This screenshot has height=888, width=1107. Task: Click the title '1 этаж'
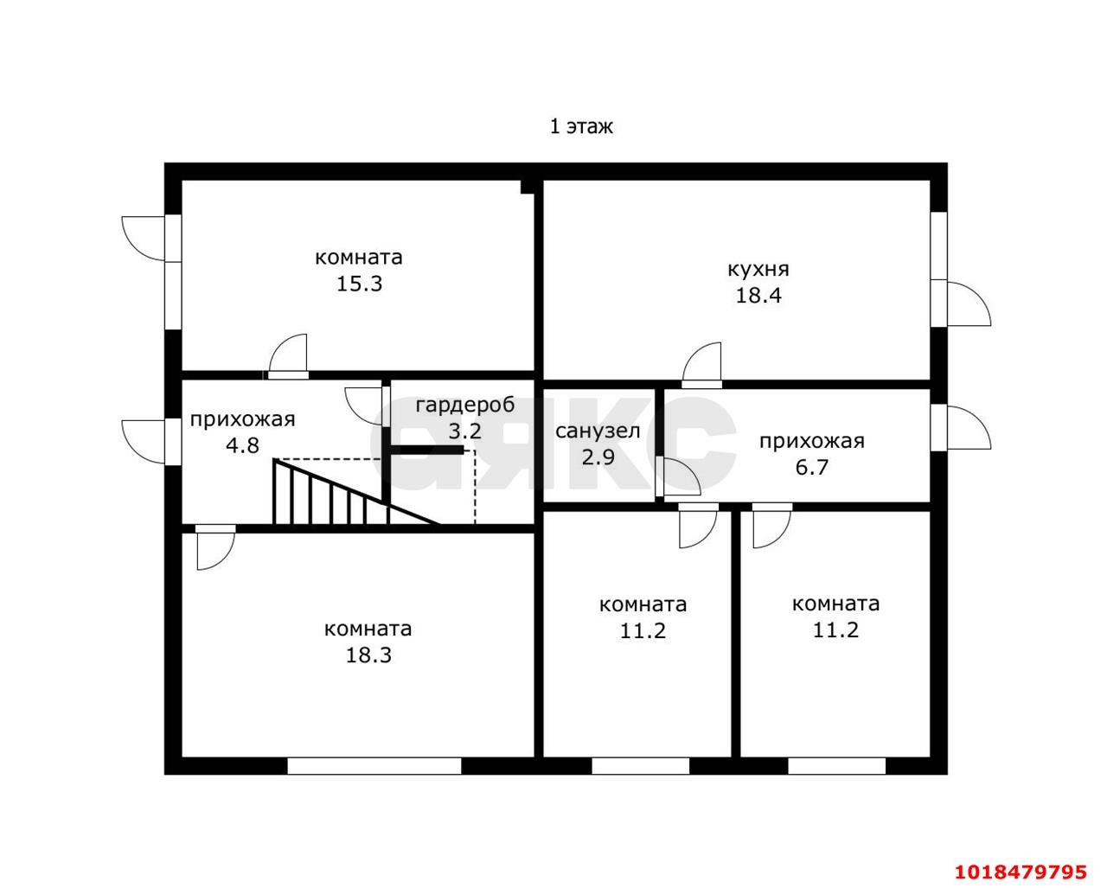click(581, 126)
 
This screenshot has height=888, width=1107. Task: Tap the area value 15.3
click(360, 284)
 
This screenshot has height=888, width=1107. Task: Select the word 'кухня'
click(758, 270)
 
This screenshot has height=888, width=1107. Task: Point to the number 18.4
click(758, 296)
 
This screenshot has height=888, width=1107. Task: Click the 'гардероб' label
click(465, 406)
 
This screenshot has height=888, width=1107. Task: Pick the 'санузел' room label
click(598, 431)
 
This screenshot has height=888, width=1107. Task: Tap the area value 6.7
click(812, 468)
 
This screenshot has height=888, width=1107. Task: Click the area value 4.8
click(242, 445)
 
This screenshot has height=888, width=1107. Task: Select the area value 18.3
click(368, 655)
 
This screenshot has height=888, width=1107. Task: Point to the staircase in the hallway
click(355, 492)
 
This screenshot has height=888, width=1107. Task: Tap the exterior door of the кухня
click(960, 303)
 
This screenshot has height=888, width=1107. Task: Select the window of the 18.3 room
click(374, 766)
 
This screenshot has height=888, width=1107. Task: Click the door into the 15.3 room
click(288, 357)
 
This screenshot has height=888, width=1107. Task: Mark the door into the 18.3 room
click(215, 547)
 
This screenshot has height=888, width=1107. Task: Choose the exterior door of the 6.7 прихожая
click(961, 428)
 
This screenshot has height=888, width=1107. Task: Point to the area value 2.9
click(598, 457)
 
